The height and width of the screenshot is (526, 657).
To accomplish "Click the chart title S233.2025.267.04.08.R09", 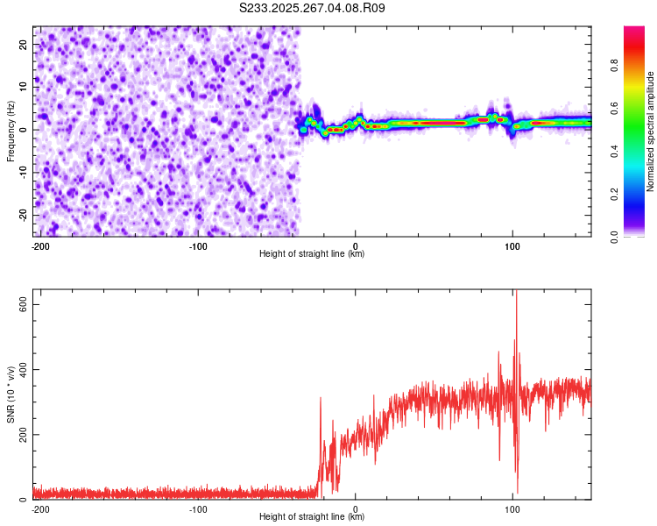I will point(312,8).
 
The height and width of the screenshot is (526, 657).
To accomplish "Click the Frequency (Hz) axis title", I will point(11,131).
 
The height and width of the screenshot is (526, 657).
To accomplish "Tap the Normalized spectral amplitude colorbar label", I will point(651,131).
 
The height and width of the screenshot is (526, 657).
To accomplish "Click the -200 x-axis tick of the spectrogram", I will point(40,245).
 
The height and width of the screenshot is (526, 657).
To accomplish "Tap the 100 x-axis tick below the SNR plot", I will point(512,508).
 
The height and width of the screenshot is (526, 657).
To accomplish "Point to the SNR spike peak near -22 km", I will point(321,398).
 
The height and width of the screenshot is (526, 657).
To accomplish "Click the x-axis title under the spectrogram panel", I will point(312,254).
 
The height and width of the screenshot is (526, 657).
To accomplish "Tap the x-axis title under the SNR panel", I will point(312,517).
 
